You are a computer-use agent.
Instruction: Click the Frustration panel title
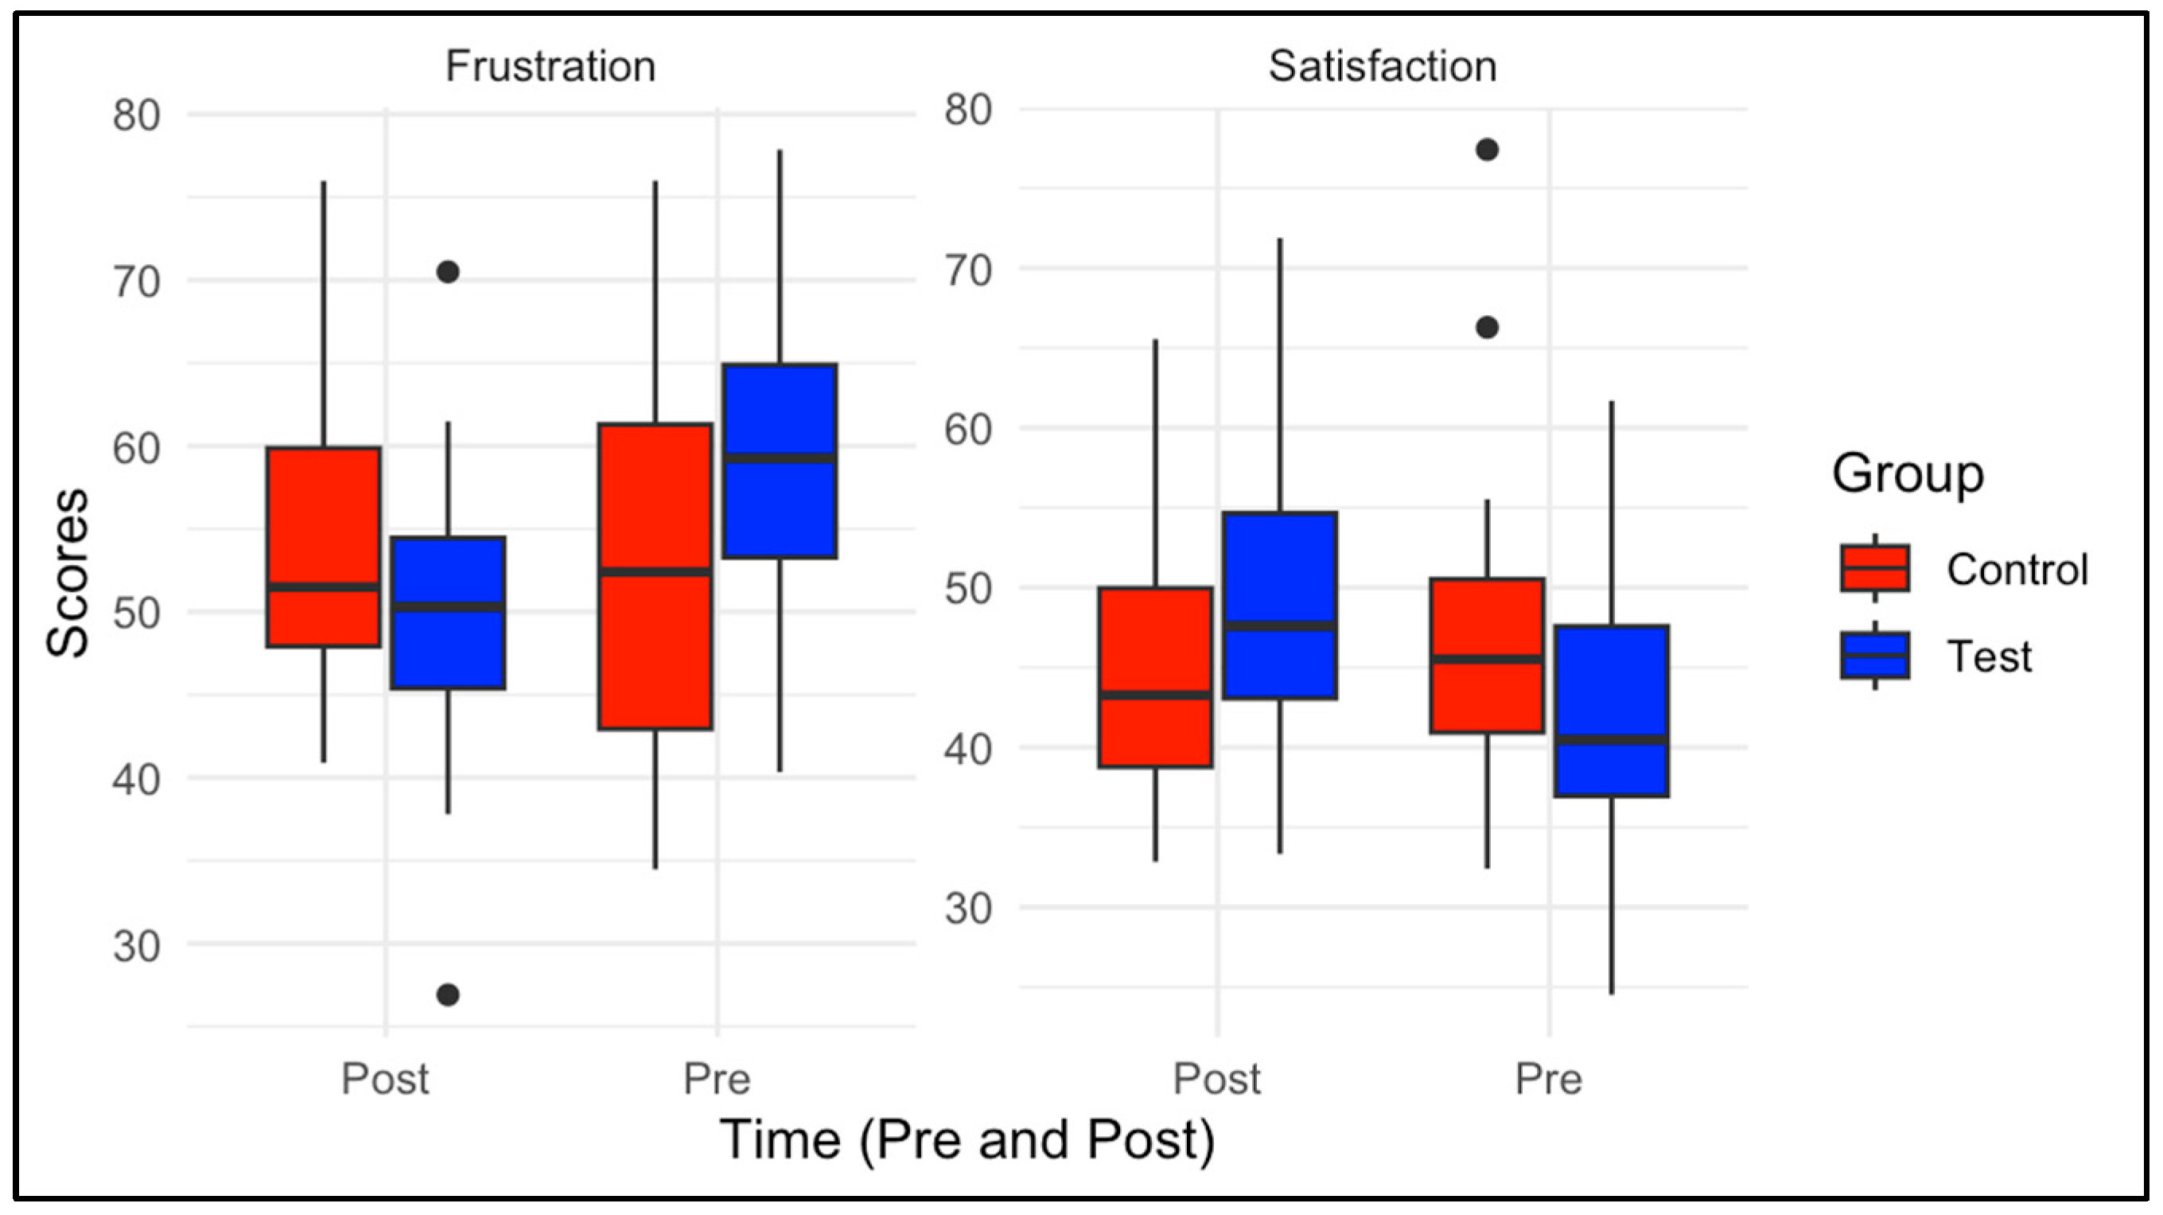click(x=550, y=66)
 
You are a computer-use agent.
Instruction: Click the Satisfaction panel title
click(x=1382, y=66)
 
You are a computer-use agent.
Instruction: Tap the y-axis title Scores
click(x=67, y=573)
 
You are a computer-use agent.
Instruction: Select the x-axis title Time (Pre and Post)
click(x=967, y=1140)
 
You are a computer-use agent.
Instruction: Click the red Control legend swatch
click(x=1875, y=568)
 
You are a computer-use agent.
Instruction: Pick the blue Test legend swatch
click(x=1875, y=655)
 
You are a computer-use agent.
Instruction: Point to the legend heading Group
click(x=1908, y=473)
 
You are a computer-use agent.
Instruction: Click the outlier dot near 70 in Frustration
click(x=448, y=272)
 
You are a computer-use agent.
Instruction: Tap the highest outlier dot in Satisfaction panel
click(x=1487, y=150)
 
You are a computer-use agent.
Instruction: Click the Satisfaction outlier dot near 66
click(x=1487, y=328)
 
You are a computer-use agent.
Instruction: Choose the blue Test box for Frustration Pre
click(x=780, y=504)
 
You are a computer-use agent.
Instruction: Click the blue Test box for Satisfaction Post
click(x=1280, y=571)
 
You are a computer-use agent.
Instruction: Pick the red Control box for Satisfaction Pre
click(x=1487, y=621)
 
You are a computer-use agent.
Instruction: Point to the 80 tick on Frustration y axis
click(x=136, y=115)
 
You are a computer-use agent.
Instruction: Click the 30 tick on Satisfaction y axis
click(x=967, y=909)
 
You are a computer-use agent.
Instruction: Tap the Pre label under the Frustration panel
click(x=716, y=1079)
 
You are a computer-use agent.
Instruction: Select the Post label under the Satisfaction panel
click(x=1216, y=1079)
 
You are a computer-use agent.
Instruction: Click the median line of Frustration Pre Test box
click(x=780, y=458)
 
